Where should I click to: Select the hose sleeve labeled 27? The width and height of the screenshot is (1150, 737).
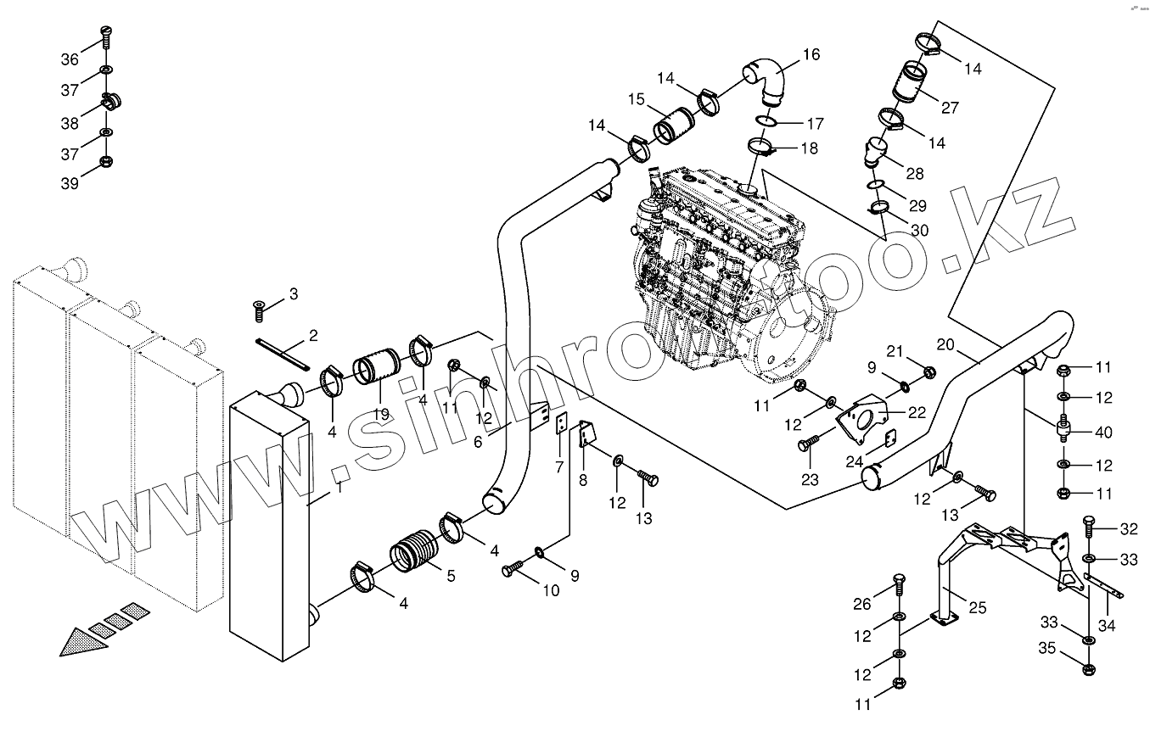click(911, 84)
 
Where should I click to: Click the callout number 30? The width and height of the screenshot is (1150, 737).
click(919, 230)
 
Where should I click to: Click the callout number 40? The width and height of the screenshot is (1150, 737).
click(1103, 433)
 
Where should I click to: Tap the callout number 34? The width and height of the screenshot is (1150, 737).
click(1106, 627)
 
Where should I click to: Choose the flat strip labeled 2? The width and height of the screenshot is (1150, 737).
click(283, 353)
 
